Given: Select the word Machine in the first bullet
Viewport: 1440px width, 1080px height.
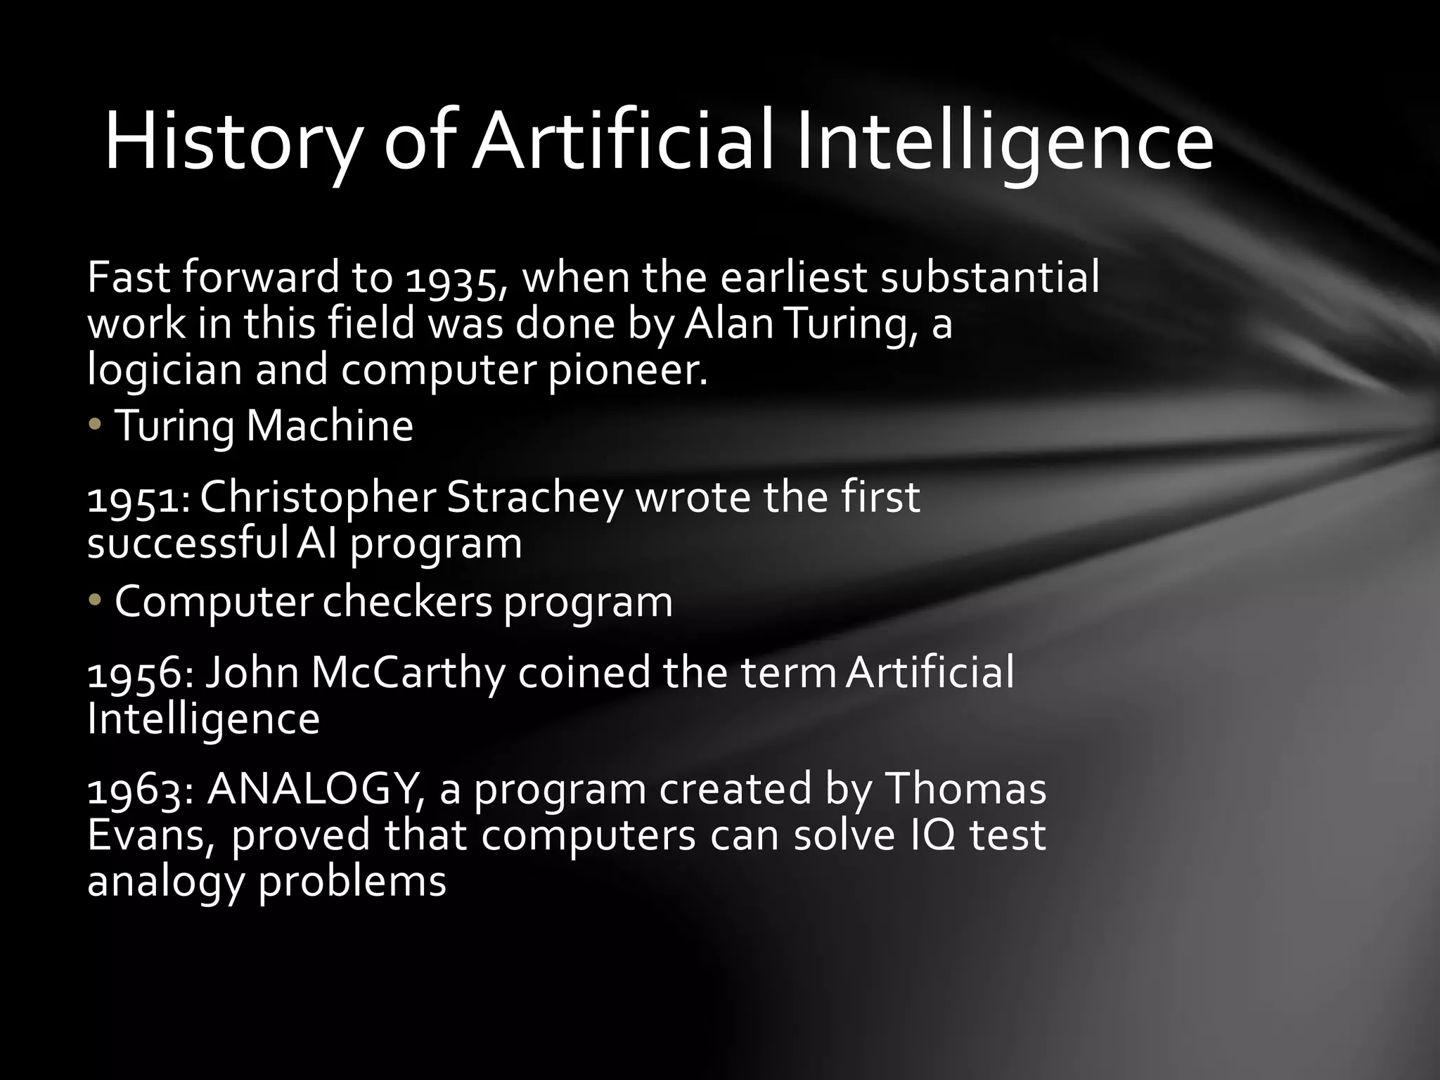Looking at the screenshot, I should click(x=329, y=426).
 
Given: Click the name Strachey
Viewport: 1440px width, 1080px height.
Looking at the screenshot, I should click(x=534, y=499).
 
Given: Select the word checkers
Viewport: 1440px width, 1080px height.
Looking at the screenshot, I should click(x=407, y=602).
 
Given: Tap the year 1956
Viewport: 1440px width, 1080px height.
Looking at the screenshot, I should click(x=139, y=674).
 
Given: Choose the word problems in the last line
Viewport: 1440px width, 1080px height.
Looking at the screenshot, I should click(x=352, y=882).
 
